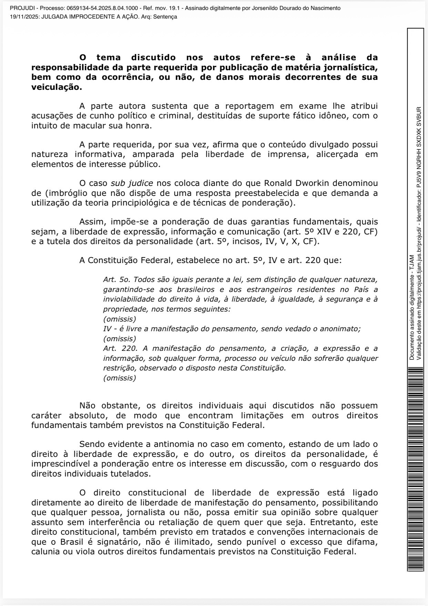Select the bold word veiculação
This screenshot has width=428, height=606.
57,87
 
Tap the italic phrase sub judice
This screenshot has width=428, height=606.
132,183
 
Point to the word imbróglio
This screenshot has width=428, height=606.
65,193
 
